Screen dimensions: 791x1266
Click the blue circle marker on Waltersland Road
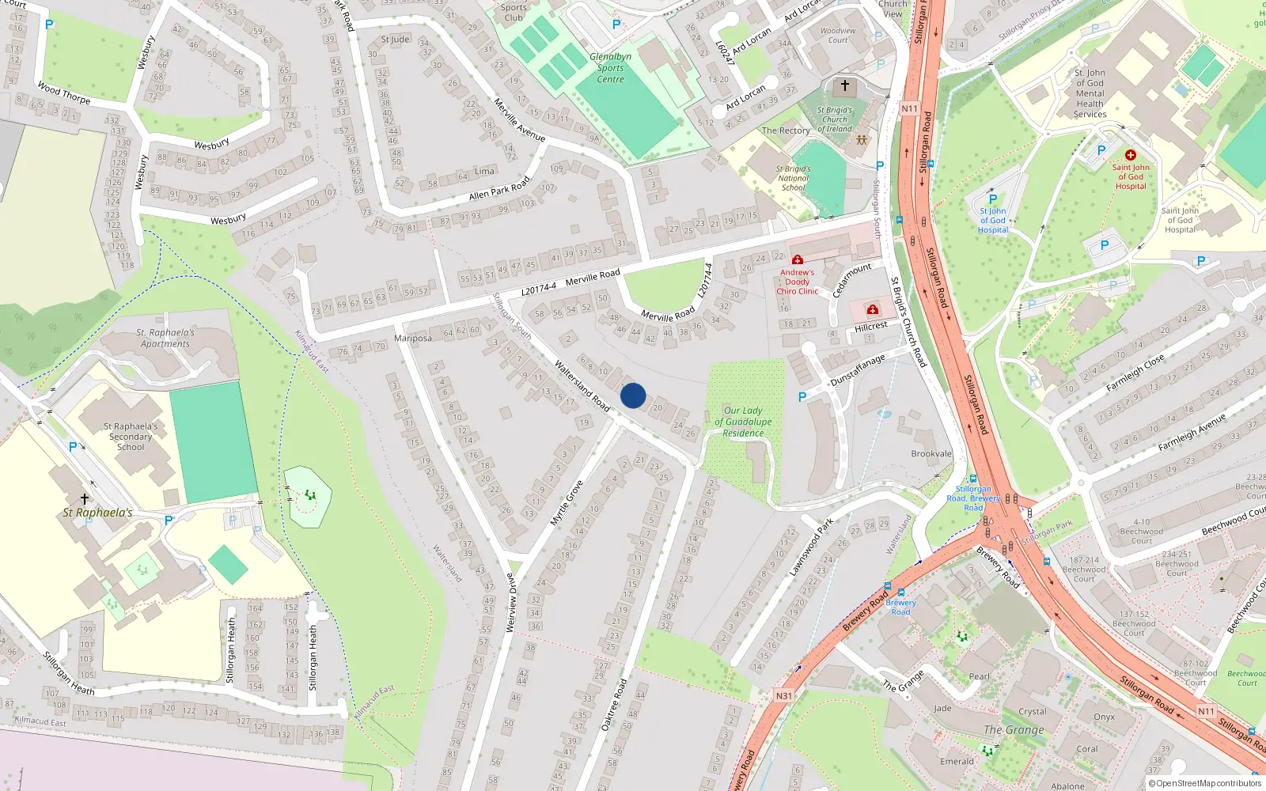pyautogui.click(x=633, y=395)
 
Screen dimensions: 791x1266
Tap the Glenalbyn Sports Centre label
pyautogui.click(x=610, y=68)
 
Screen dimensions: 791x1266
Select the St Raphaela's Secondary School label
pyautogui.click(x=131, y=437)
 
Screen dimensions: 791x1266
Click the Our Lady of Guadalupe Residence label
pyautogui.click(x=743, y=422)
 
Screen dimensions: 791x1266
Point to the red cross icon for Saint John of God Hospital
pyautogui.click(x=1130, y=155)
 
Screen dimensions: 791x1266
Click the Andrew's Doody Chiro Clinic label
pyautogui.click(x=797, y=282)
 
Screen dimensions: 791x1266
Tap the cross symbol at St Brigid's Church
pyautogui.click(x=844, y=85)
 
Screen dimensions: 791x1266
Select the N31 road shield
pyautogui.click(x=783, y=696)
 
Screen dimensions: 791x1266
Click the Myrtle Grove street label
pyautogui.click(x=567, y=503)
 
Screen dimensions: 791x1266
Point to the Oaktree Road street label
pyautogui.click(x=613, y=704)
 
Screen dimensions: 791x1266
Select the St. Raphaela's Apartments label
pyautogui.click(x=165, y=339)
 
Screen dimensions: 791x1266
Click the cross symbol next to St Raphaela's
pyautogui.click(x=85, y=499)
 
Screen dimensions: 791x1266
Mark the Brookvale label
pyautogui.click(x=931, y=454)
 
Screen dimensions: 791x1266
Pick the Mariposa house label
pyautogui.click(x=413, y=339)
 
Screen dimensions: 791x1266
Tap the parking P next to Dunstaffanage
pyautogui.click(x=802, y=397)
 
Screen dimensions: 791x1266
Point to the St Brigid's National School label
pyautogui.click(x=793, y=178)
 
